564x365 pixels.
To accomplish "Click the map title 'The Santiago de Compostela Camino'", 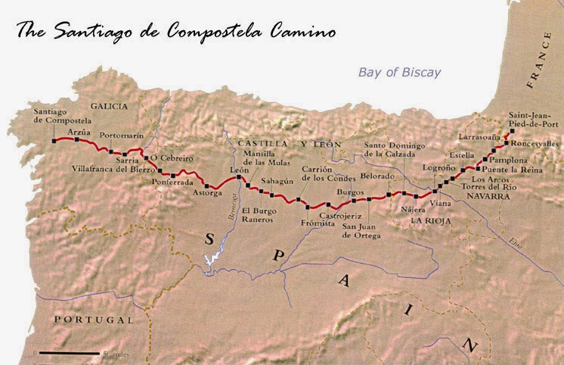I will pyautogui.click(x=176, y=31).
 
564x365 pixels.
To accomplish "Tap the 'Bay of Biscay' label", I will pyautogui.click(x=399, y=73).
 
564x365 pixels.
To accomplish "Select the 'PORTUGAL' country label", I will pyautogui.click(x=94, y=320).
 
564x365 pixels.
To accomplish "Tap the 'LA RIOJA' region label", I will pyautogui.click(x=431, y=220).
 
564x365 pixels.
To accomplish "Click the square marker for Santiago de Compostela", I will pyautogui.click(x=54, y=140).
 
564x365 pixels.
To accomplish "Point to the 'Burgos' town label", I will pyautogui.click(x=350, y=192).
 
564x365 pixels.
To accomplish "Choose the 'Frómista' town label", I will pyautogui.click(x=317, y=223).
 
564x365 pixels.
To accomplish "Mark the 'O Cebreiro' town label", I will pyautogui.click(x=172, y=158).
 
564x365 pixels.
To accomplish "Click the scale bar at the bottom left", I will pyautogui.click(x=68, y=353).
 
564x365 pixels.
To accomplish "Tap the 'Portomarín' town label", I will pyautogui.click(x=122, y=135).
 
